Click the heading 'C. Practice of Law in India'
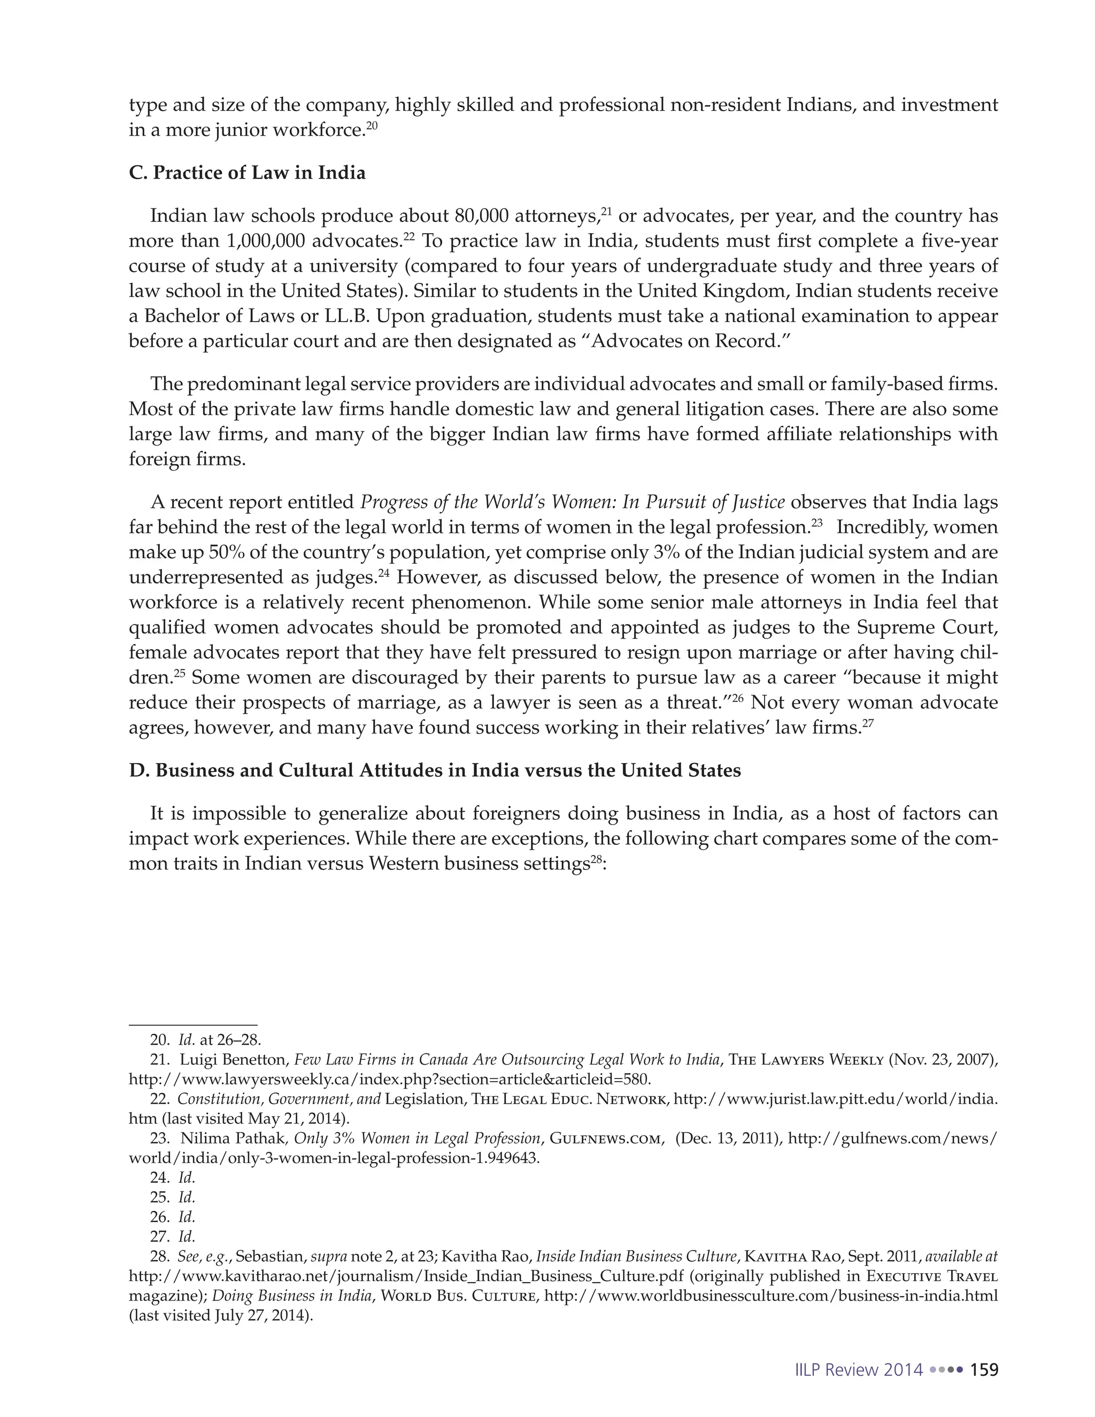247,173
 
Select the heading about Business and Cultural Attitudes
435,770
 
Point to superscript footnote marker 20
372,125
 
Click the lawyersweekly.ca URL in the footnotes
389,1080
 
